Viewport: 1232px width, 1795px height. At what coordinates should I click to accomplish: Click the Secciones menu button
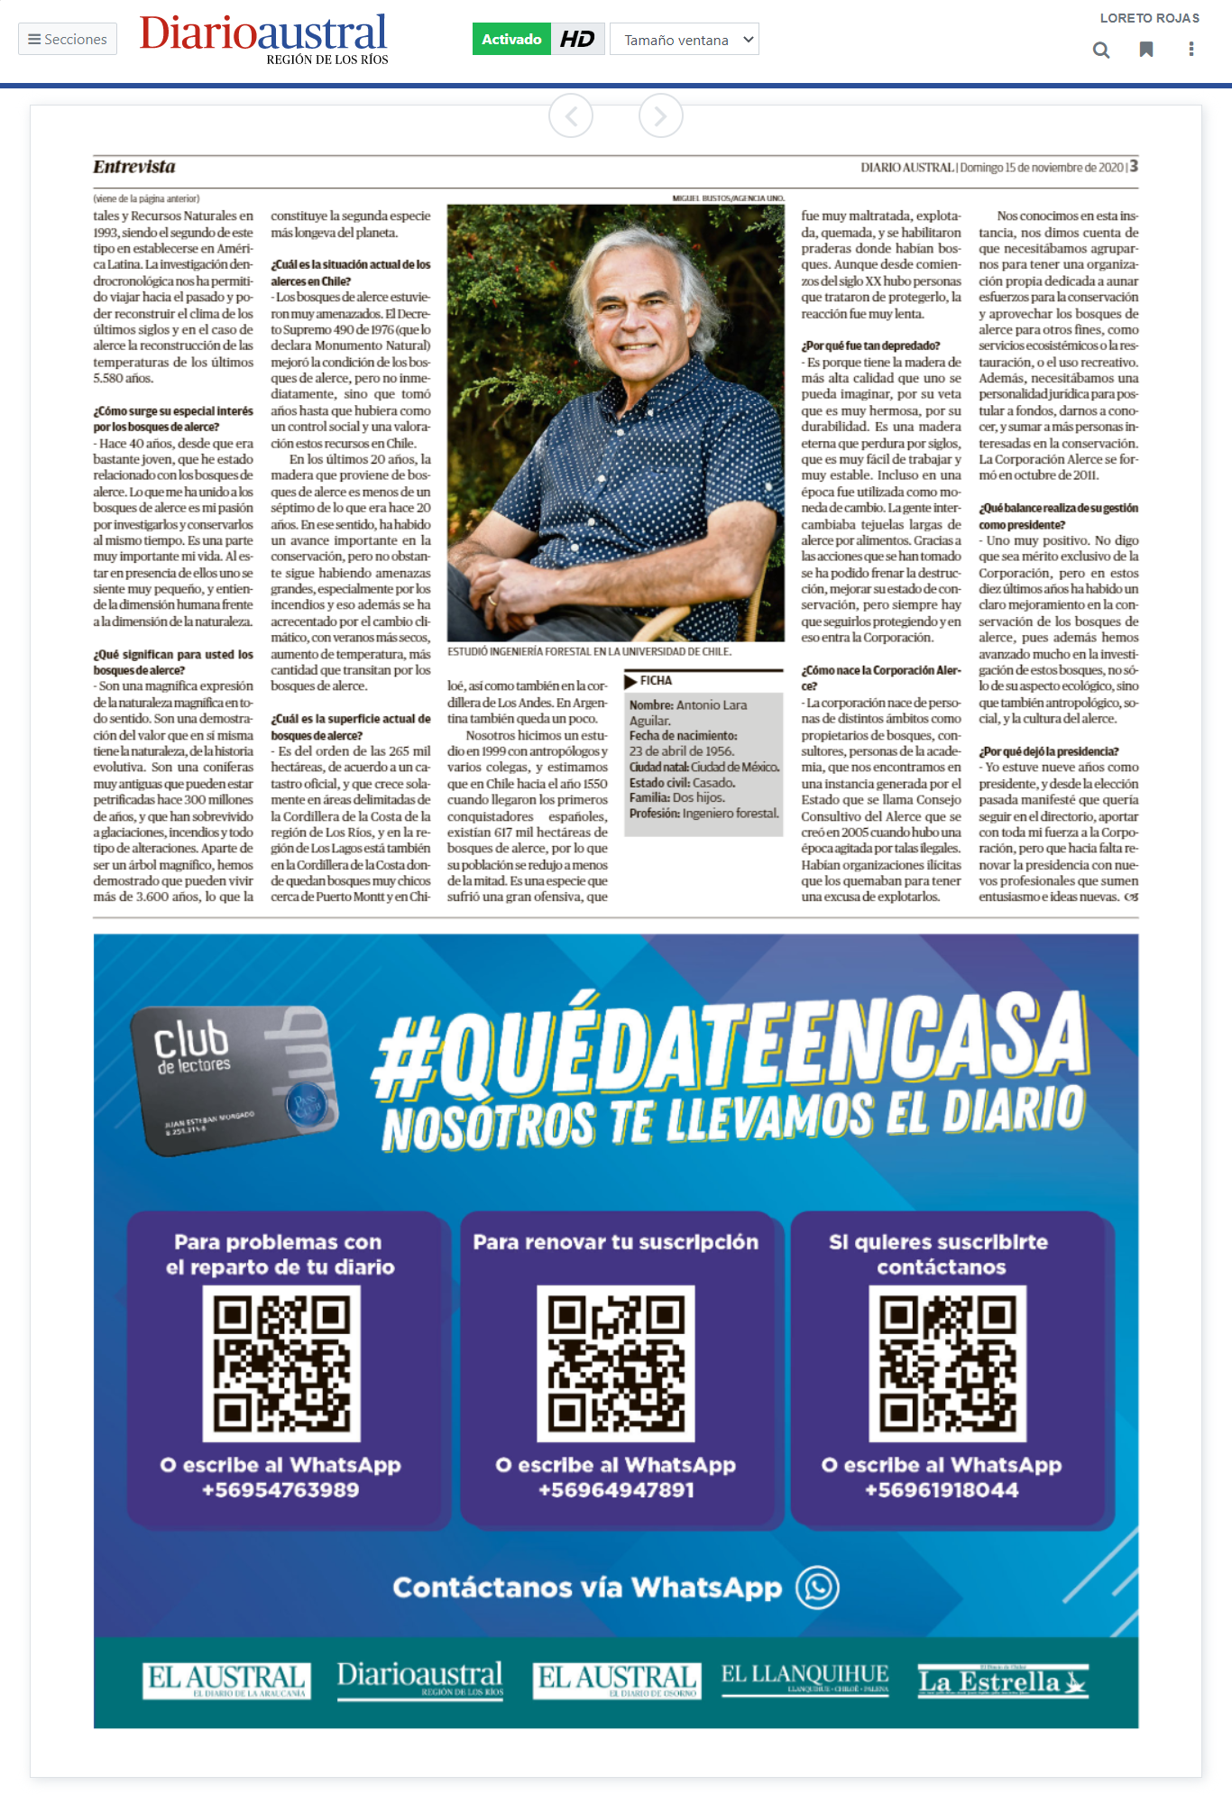68,40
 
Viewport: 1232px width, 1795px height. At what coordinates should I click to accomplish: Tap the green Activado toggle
511,40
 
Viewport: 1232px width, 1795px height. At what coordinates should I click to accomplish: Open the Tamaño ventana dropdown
685,40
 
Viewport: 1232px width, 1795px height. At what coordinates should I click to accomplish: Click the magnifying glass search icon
1101,50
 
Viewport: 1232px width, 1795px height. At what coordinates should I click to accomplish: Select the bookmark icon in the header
1146,50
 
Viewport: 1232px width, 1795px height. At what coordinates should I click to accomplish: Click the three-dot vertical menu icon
1191,50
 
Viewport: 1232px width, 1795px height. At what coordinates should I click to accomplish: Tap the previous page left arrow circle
571,115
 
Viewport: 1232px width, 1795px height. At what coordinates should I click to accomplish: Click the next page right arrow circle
661,115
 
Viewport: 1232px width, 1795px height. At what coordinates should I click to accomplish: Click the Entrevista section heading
134,167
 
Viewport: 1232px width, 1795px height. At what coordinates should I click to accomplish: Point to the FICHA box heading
656,681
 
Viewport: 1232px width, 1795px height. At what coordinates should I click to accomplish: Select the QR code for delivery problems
281,1363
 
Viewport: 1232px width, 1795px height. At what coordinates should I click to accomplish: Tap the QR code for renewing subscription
616,1363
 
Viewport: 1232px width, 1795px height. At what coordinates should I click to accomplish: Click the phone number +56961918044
942,1490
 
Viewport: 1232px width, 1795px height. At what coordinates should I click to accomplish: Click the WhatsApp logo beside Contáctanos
818,1587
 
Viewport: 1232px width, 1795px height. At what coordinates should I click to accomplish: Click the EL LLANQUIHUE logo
804,1679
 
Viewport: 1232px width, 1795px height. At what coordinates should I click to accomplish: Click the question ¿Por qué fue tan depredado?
870,346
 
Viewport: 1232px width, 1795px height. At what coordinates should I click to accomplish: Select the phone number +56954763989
280,1490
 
